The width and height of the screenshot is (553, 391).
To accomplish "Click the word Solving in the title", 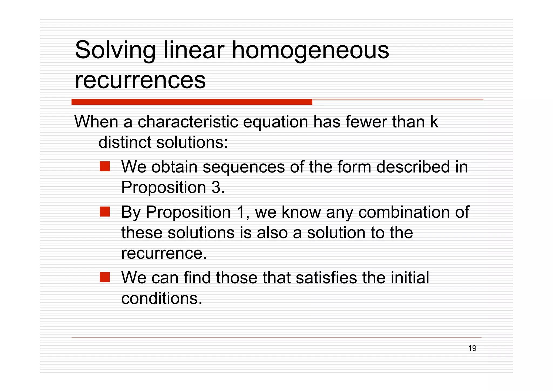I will point(115,50).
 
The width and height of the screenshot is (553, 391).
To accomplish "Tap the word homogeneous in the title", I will point(310,50).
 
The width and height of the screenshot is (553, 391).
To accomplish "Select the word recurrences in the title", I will point(140,80).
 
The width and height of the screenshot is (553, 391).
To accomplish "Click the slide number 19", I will point(472,348).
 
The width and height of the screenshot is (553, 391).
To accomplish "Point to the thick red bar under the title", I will point(192,102).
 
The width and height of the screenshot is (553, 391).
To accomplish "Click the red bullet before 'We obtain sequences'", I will point(105,166).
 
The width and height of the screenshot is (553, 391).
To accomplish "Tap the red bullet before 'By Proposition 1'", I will point(105,212).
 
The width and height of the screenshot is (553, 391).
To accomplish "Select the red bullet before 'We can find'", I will point(105,277).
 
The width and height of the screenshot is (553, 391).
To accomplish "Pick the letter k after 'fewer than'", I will point(434,122).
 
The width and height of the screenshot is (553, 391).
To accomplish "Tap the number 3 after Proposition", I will point(216,187).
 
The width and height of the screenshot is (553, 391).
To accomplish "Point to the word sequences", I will point(244,167).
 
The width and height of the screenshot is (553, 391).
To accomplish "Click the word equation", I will point(275,122).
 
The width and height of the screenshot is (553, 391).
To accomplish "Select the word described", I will point(413,167).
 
